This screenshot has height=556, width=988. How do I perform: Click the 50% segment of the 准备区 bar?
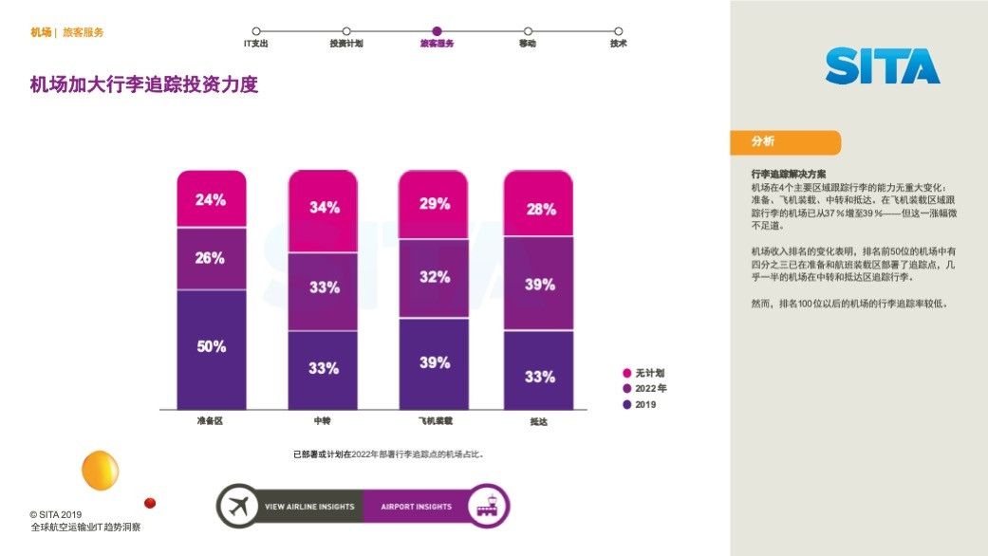pyautogui.click(x=212, y=348)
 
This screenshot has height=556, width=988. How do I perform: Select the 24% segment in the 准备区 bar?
pyautogui.click(x=212, y=199)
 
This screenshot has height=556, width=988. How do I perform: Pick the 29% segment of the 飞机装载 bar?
pyautogui.click(x=434, y=204)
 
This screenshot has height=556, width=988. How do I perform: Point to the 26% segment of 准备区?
pyautogui.click(x=212, y=258)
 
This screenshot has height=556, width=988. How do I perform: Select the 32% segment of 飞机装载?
pyautogui.click(x=434, y=277)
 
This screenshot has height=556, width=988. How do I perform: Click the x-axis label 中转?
pyautogui.click(x=323, y=420)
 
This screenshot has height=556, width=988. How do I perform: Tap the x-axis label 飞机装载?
pyautogui.click(x=435, y=420)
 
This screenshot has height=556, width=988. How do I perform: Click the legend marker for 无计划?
pyautogui.click(x=627, y=374)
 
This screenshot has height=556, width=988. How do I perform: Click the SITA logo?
pyautogui.click(x=882, y=66)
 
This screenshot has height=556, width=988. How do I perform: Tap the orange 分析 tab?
pyautogui.click(x=785, y=142)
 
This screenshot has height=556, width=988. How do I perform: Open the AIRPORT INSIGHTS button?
pyautogui.click(x=417, y=507)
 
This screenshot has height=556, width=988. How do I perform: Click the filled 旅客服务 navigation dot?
pyautogui.click(x=437, y=31)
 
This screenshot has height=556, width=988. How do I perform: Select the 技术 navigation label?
pyautogui.click(x=618, y=44)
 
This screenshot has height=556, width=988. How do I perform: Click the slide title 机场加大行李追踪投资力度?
pyautogui.click(x=144, y=85)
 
